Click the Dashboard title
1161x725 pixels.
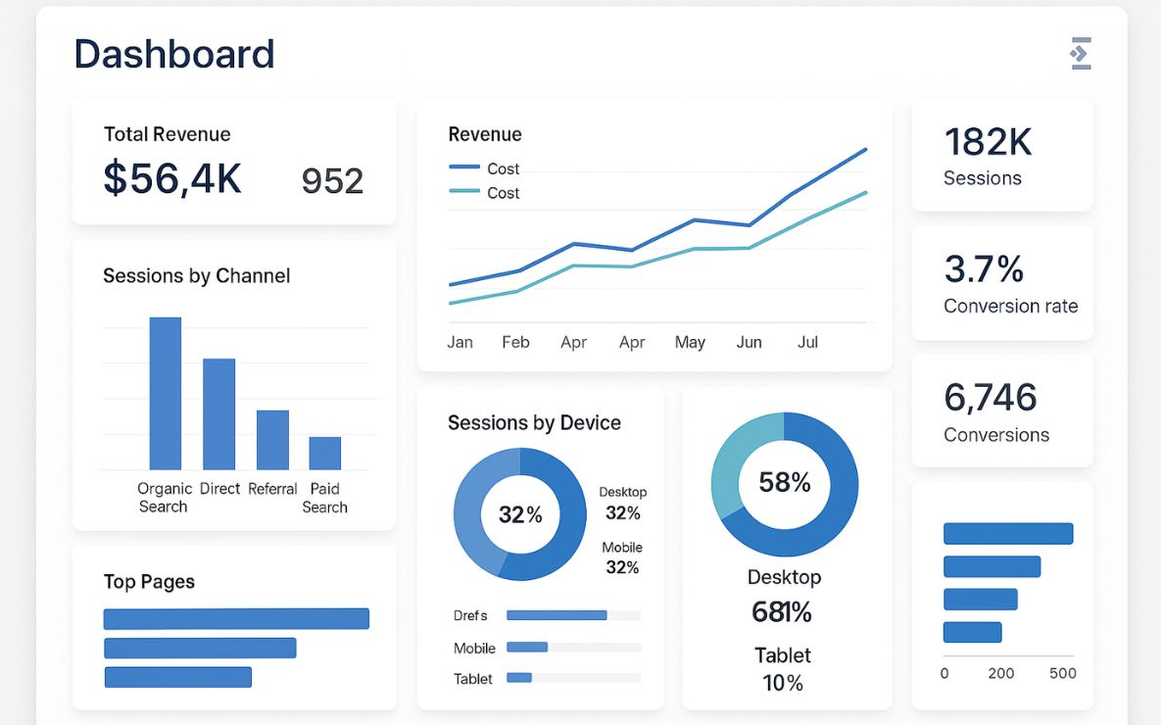tap(174, 54)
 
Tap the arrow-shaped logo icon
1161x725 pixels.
tap(1081, 54)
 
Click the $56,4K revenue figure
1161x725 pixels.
tap(172, 178)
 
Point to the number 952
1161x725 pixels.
tap(332, 181)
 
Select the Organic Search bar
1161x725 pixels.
tap(165, 393)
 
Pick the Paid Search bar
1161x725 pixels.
tap(324, 453)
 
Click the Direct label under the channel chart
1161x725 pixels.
tap(219, 489)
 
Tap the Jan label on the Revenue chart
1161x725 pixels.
tap(460, 342)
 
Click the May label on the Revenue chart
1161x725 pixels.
tap(690, 342)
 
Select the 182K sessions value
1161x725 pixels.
tap(988, 143)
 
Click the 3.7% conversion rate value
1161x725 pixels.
tap(984, 268)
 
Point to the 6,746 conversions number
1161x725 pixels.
tap(990, 397)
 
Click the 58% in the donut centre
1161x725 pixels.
tap(785, 482)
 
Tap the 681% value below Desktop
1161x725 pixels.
tap(782, 612)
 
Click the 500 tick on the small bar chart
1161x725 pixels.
tap(1062, 673)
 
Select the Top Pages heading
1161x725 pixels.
tap(149, 582)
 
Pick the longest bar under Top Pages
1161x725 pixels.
tap(236, 618)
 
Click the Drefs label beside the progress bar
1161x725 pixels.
tap(470, 615)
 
